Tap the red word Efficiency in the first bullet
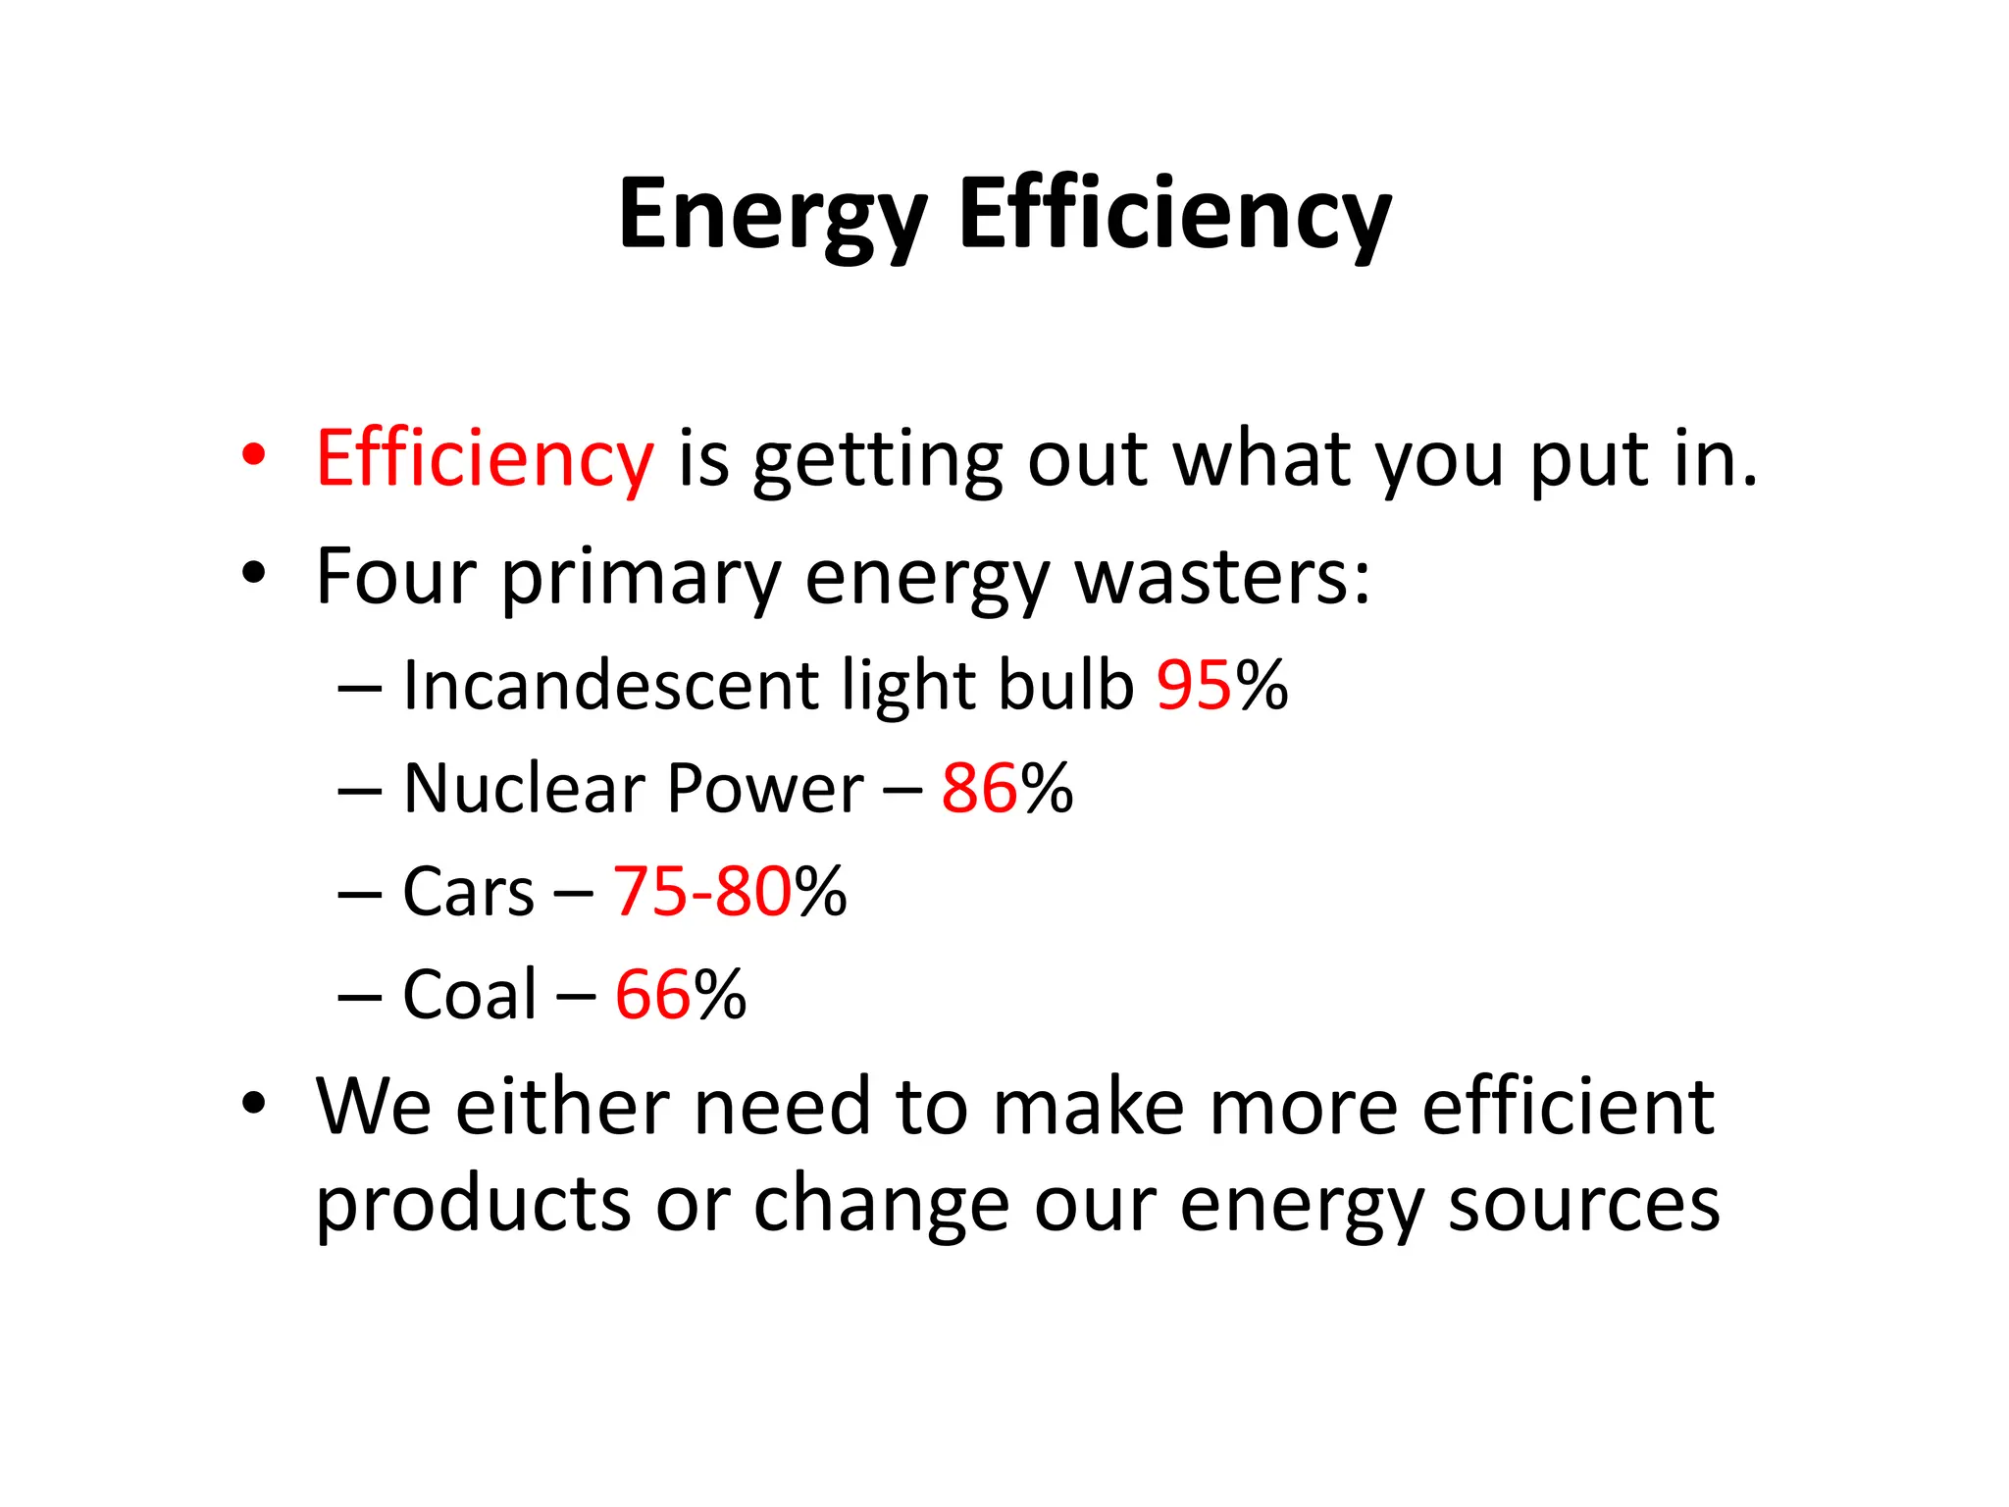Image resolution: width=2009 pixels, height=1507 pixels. click(484, 459)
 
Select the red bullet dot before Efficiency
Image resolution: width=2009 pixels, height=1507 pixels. click(254, 455)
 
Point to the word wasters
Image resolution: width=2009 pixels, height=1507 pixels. click(1222, 577)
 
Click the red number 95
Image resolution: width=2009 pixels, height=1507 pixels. click(1193, 685)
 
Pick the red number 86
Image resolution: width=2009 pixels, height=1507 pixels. click(979, 788)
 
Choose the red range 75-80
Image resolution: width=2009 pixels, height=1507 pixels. click(702, 892)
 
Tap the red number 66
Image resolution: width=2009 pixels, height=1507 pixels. click(653, 995)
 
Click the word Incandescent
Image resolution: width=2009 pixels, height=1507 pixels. click(610, 685)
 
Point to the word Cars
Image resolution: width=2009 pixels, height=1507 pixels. click(468, 892)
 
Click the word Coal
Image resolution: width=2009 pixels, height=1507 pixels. click(470, 995)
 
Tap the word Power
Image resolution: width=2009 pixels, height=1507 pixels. click(765, 788)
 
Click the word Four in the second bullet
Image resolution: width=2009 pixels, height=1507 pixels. click(395, 577)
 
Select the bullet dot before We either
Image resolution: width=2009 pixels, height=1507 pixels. click(254, 1105)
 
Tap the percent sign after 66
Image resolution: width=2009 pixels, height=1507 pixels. click(720, 995)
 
